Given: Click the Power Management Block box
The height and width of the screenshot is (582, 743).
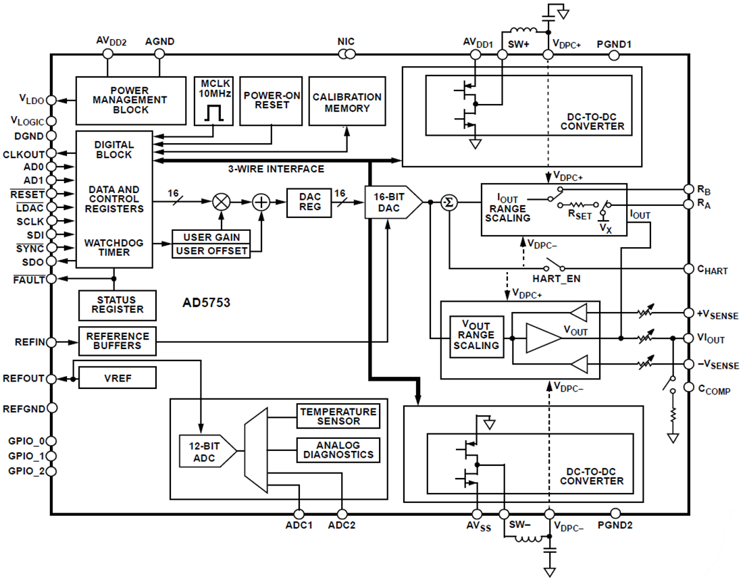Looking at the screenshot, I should (130, 100).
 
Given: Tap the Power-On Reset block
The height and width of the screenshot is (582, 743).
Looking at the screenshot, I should (272, 100).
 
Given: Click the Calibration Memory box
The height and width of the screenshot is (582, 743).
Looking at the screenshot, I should (347, 100).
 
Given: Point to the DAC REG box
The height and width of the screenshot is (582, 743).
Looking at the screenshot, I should (309, 202).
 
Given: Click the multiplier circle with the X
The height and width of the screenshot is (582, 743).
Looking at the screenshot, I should (221, 202).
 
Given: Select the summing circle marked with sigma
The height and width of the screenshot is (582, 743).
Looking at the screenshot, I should (449, 202).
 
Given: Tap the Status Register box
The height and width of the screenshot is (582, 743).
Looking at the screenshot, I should (118, 305).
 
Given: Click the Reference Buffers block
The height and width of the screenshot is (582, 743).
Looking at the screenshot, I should (118, 341).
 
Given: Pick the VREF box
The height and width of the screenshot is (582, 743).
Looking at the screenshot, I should (118, 378).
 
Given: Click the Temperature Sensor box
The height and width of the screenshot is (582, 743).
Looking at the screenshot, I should (338, 416).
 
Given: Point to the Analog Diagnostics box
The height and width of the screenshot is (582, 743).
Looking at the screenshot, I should (338, 450).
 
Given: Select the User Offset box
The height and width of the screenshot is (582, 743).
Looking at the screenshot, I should (211, 251).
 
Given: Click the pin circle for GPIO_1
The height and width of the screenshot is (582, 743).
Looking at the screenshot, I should (51, 456).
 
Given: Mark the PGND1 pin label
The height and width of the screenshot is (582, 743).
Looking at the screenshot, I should (614, 44).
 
